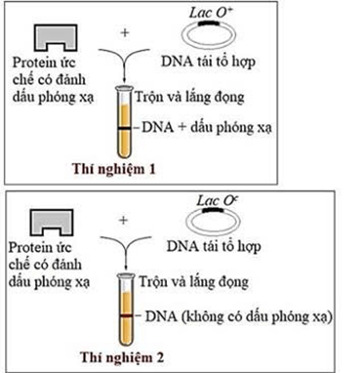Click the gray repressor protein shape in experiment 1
coord(59,34)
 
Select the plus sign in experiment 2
coord(123,221)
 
